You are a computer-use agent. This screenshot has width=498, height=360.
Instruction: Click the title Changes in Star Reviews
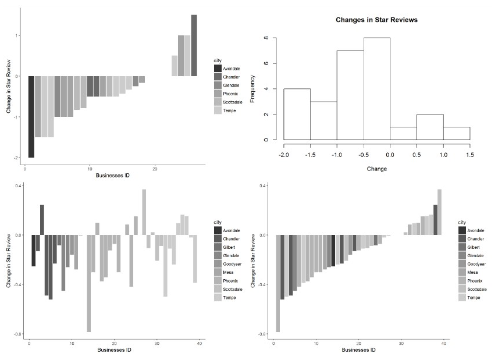[x=376, y=20]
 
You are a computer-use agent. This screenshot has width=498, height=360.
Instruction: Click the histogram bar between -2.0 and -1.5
[x=297, y=114]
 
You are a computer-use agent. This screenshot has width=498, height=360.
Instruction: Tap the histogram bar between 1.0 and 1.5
[x=456, y=133]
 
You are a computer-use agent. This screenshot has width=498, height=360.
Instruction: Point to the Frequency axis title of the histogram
[x=252, y=88]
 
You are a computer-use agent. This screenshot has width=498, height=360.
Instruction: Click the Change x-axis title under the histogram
[x=376, y=169]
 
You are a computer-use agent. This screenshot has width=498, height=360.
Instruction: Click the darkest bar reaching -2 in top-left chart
[x=31, y=116]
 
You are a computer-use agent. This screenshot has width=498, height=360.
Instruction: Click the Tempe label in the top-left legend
[x=229, y=111]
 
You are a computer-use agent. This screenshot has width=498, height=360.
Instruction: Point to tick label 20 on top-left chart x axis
[x=155, y=169]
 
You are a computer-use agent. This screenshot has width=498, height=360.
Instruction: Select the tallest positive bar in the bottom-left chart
[x=144, y=212]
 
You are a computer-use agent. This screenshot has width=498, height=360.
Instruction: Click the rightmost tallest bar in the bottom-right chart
[x=440, y=212]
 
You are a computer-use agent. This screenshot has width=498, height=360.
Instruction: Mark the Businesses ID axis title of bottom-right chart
[x=358, y=350]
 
